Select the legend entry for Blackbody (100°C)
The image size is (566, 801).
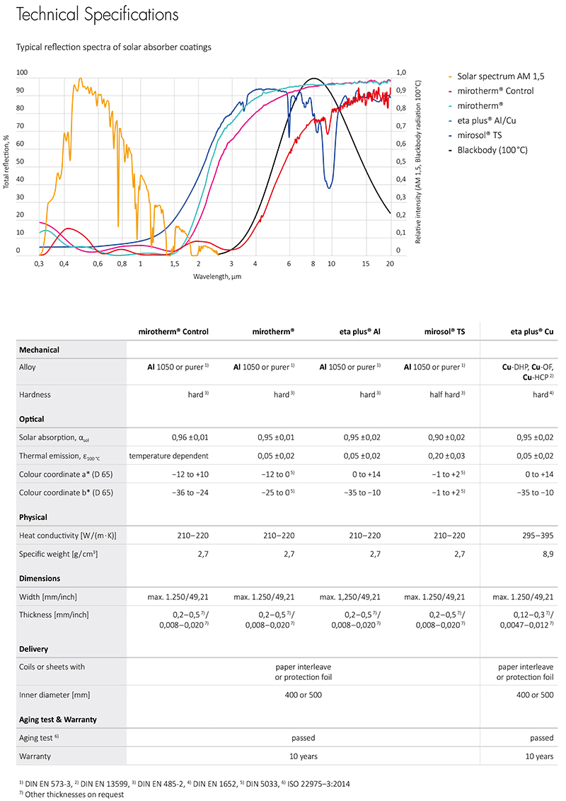coord(492,150)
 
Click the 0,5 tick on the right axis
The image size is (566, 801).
coord(400,161)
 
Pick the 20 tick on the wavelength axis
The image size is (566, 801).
coord(389,263)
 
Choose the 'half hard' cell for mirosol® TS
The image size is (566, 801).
coord(443,394)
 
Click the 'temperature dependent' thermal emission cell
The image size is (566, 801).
coord(168,456)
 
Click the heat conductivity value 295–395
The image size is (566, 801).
coord(536,536)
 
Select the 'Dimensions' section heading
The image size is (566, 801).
coord(40,578)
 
